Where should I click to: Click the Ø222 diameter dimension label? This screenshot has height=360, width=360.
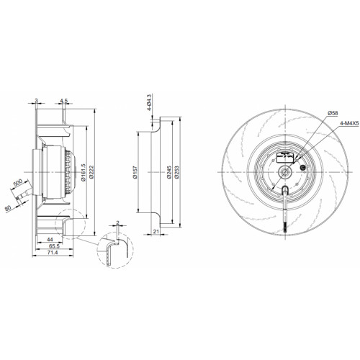[x=91, y=172]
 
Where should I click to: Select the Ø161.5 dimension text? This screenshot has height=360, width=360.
[x=84, y=172]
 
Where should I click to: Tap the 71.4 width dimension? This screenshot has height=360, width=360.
[x=53, y=252]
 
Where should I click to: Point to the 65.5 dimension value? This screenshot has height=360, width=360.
[x=54, y=246]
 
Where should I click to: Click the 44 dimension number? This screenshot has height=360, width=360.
[x=50, y=239]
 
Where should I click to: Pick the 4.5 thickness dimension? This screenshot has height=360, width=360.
[x=63, y=101]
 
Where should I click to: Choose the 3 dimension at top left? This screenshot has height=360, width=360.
[x=36, y=100]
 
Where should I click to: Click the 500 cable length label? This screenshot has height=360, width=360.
[x=18, y=183]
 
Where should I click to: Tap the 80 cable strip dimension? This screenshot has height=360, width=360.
[x=8, y=208]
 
